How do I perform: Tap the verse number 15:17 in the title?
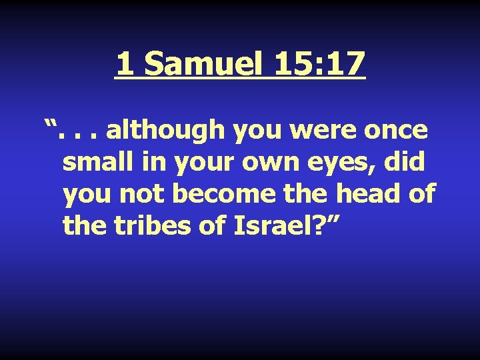(319, 64)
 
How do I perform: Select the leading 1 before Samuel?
(124, 64)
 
